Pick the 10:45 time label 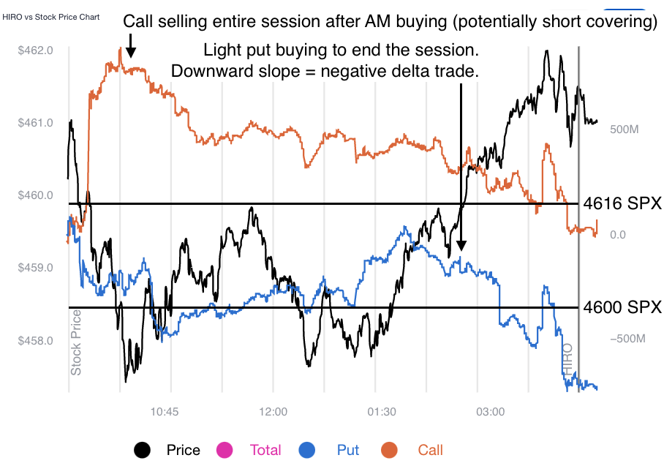point(165,412)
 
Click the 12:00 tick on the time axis point(273,412)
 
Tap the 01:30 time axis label point(382,412)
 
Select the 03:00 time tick point(490,412)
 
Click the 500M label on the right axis point(625,129)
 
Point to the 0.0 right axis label point(618,235)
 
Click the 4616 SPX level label point(622,204)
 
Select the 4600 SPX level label point(622,308)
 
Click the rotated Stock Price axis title point(77,342)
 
